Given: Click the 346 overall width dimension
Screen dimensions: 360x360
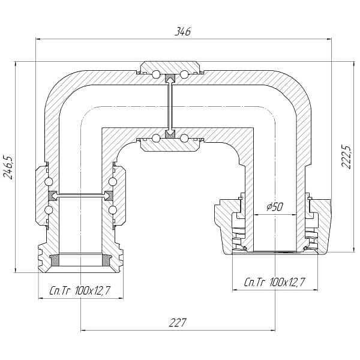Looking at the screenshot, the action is pos(183,31).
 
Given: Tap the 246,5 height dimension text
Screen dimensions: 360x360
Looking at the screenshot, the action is pos(8,167).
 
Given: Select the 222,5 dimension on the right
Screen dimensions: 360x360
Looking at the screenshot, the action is pos(346,157).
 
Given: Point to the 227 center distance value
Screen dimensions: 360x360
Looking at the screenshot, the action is pos(178,323).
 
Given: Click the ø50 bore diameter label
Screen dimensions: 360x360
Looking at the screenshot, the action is pos(275,206).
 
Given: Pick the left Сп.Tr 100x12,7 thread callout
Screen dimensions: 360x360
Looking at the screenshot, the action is pos(80,291).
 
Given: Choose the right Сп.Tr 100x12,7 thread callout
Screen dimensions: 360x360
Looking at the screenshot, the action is pos(275,282).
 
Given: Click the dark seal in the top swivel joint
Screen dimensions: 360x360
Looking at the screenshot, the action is pos(170,77).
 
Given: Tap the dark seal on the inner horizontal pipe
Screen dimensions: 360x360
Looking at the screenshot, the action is pos(170,134).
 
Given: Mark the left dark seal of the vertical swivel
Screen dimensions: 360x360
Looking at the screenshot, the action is pos(53,196).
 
